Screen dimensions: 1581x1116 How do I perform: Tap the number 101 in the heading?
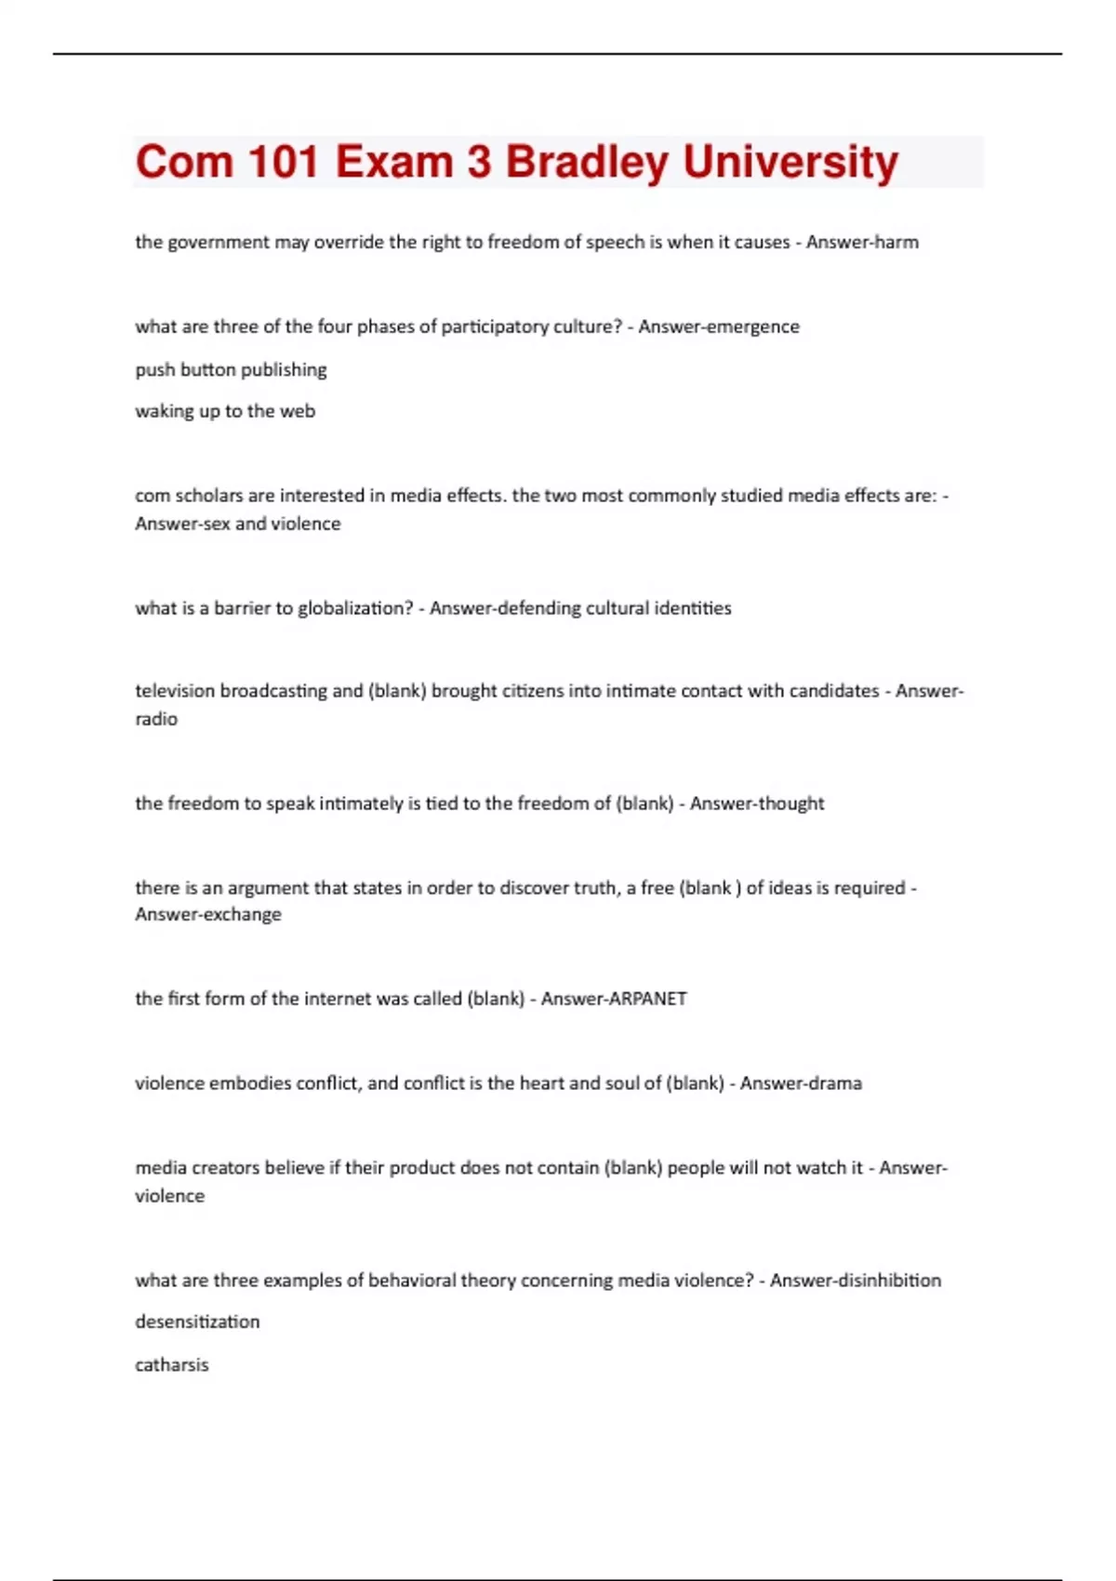[x=280, y=162]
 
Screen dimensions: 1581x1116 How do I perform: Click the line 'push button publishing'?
[x=231, y=369]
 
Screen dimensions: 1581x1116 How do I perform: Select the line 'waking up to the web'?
[x=225, y=411]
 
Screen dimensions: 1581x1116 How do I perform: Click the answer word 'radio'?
[x=156, y=719]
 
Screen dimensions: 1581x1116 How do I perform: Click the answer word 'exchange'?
[x=244, y=914]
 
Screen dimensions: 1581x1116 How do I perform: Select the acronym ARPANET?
[x=647, y=999]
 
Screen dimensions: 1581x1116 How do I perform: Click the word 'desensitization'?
[x=197, y=1322]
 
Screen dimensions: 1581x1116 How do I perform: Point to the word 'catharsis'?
[x=172, y=1365]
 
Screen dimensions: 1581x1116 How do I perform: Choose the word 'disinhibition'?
[x=889, y=1281]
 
